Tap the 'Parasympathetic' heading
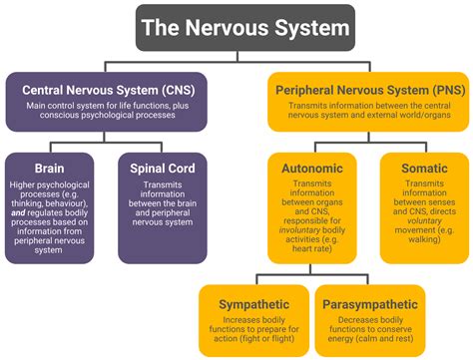(364, 301)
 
